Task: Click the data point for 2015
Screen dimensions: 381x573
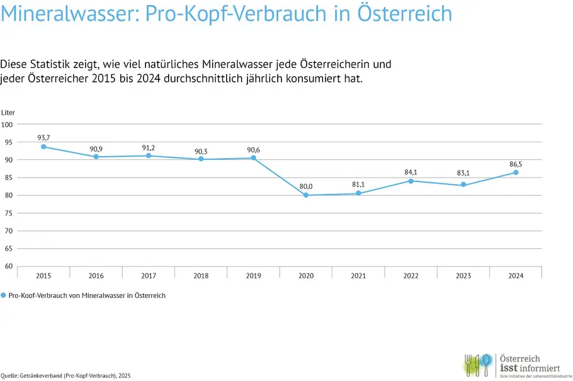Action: (43, 147)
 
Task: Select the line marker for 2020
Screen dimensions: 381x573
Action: (306, 195)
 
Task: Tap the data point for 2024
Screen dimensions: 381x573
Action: (516, 172)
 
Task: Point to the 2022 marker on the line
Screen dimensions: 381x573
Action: (411, 181)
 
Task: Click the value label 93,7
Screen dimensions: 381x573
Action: (43, 137)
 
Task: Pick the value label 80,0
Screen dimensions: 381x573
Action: (306, 186)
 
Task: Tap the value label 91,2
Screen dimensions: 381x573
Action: (149, 147)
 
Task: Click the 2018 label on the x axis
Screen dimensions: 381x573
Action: (201, 275)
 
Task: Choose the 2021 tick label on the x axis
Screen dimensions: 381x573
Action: (358, 275)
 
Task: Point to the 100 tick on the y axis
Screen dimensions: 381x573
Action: (8, 124)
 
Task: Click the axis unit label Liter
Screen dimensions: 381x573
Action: (8, 112)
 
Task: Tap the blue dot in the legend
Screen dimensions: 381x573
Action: (3, 295)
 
